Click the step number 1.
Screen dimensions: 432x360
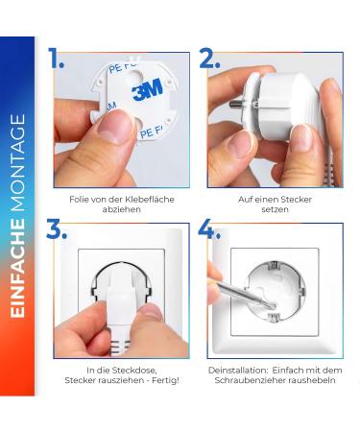pyautogui.click(x=56, y=59)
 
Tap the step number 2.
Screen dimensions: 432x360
pyautogui.click(x=210, y=59)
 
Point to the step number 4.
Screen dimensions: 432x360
pyautogui.click(x=210, y=229)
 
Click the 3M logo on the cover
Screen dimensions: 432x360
pyautogui.click(x=146, y=92)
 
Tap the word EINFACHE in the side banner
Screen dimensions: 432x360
pyautogui.click(x=18, y=278)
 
